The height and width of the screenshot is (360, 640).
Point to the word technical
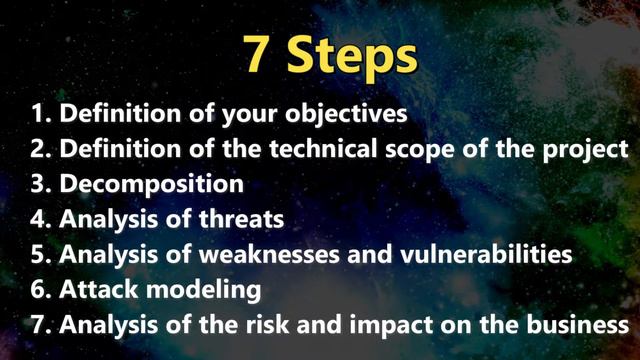tap(330, 149)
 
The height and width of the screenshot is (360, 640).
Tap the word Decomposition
tap(151, 185)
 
